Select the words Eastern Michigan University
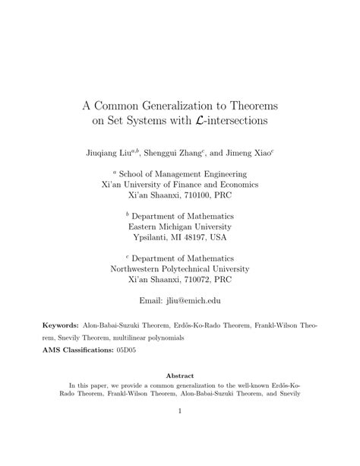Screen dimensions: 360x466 (179, 226)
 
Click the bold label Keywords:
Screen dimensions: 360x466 (63, 325)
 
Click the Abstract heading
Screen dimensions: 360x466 (179, 376)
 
